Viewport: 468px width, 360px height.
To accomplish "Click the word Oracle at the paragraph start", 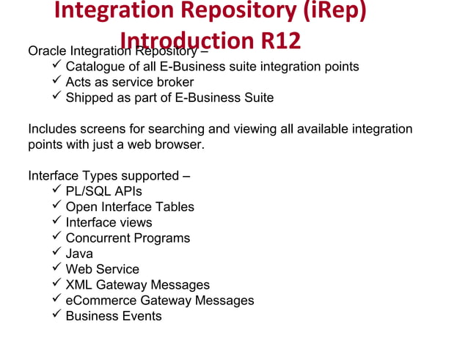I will (47, 51).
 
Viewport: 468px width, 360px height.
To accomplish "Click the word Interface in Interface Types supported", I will (54, 176).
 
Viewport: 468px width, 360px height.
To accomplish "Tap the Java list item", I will (79, 254).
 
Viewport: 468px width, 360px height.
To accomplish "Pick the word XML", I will (79, 284).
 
